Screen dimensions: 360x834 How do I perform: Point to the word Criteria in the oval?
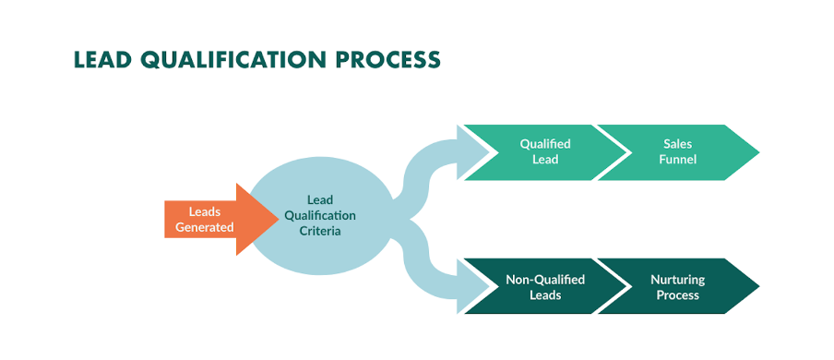coord(319,231)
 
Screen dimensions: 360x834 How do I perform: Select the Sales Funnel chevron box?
coord(678,151)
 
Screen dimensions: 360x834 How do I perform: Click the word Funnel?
coord(678,160)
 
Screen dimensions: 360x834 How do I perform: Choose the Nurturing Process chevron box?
coord(678,287)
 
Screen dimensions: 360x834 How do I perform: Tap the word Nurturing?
coord(678,279)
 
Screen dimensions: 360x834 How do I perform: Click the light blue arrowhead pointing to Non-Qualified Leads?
coord(466,287)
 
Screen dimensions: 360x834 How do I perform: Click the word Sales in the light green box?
coord(678,144)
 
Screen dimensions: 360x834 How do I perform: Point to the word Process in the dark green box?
coord(678,295)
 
